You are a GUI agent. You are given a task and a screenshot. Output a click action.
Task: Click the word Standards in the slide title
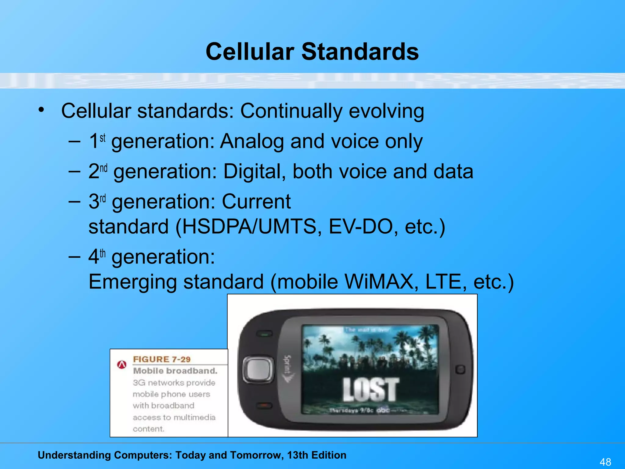pyautogui.click(x=360, y=52)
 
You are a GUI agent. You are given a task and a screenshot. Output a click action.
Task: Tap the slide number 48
pyautogui.click(x=605, y=462)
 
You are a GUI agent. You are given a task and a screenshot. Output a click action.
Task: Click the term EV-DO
pyautogui.click(x=360, y=227)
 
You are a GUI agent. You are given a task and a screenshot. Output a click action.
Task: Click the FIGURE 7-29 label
pyautogui.click(x=162, y=359)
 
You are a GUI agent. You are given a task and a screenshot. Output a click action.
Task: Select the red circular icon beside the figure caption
pyautogui.click(x=122, y=365)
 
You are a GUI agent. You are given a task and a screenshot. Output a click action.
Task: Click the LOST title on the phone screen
pyautogui.click(x=370, y=390)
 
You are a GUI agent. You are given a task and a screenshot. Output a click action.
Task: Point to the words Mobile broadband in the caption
pyautogui.click(x=175, y=371)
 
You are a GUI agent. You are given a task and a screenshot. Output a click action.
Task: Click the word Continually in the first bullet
pyautogui.click(x=291, y=111)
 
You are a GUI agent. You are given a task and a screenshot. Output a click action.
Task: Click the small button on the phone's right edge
pyautogui.click(x=460, y=369)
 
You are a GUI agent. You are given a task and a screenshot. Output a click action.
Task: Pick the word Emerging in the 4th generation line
pyautogui.click(x=132, y=282)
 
